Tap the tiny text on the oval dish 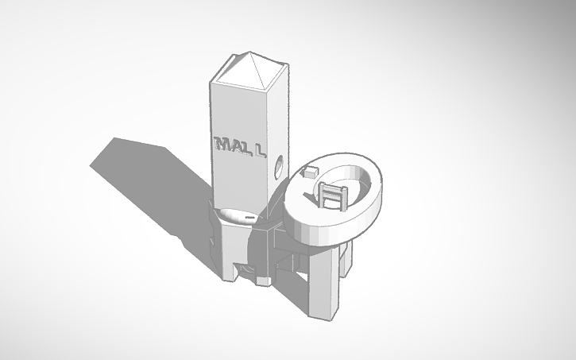[x=249, y=215]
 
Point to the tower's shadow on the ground [x=151, y=183]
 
